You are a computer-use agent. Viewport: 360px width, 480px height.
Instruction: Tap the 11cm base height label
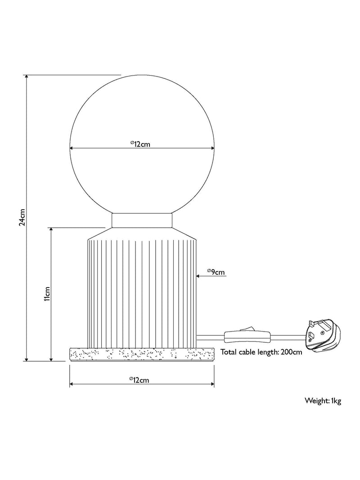coord(47,294)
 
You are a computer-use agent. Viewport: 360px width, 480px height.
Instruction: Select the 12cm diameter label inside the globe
coord(140,144)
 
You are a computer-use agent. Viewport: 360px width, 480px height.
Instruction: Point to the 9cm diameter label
coord(216,272)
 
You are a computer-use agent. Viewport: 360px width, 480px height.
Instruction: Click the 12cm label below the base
coord(139,380)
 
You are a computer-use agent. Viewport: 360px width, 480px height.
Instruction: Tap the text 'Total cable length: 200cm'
coord(261,352)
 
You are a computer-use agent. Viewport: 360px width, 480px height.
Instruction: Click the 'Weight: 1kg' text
coord(323,401)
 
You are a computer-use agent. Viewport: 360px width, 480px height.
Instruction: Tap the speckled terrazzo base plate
coord(142,355)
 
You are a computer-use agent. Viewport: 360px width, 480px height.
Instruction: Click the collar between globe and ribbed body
coord(142,220)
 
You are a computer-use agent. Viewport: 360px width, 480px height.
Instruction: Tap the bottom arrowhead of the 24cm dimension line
coord(27,359)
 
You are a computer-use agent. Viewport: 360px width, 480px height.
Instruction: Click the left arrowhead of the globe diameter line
coord(72,148)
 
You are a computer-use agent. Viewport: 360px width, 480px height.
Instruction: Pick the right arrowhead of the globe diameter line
coord(211,148)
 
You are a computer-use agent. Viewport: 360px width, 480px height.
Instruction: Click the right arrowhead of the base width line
coord(211,383)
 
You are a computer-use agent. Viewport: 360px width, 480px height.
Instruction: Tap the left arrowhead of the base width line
coord(72,383)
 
